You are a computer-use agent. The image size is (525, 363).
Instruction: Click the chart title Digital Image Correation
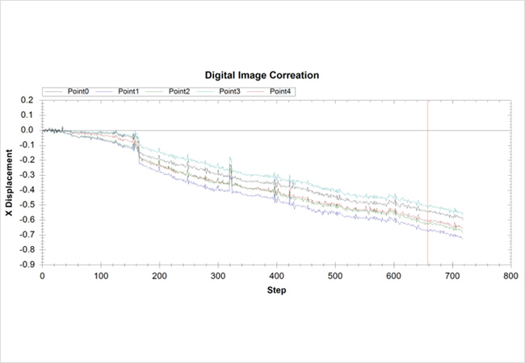[x=262, y=75]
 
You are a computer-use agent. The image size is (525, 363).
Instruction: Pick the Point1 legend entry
[x=128, y=91]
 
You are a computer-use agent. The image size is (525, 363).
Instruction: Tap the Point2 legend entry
[x=178, y=91]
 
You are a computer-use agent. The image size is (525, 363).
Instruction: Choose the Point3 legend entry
[x=229, y=91]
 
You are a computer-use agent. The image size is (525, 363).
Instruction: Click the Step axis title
[x=275, y=290]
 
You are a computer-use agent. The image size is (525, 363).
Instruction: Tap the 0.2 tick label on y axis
[x=27, y=100]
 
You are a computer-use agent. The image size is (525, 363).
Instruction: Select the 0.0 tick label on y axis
[x=27, y=130]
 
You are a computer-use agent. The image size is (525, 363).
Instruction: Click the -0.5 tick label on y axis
[x=26, y=205]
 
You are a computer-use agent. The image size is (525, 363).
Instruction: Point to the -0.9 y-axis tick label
[x=26, y=265]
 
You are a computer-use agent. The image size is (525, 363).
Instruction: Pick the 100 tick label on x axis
[x=100, y=276]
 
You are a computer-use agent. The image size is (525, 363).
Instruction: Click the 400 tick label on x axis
[x=275, y=276]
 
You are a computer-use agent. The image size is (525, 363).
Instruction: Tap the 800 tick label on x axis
[x=510, y=276]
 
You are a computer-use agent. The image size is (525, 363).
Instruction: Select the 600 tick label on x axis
[x=393, y=276]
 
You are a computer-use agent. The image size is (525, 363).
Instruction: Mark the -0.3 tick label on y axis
[x=26, y=175]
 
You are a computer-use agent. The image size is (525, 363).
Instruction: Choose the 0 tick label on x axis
[x=42, y=276]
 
